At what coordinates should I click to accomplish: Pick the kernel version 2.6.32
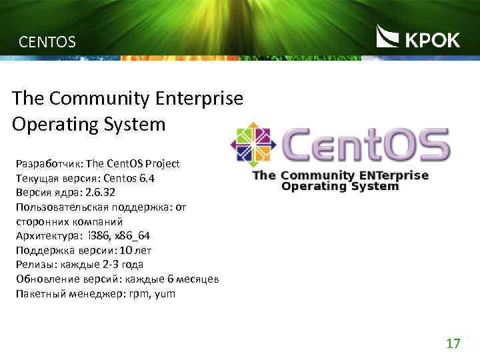click(x=100, y=192)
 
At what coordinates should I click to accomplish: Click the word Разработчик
click(x=47, y=163)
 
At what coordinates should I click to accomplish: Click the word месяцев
click(x=198, y=279)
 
